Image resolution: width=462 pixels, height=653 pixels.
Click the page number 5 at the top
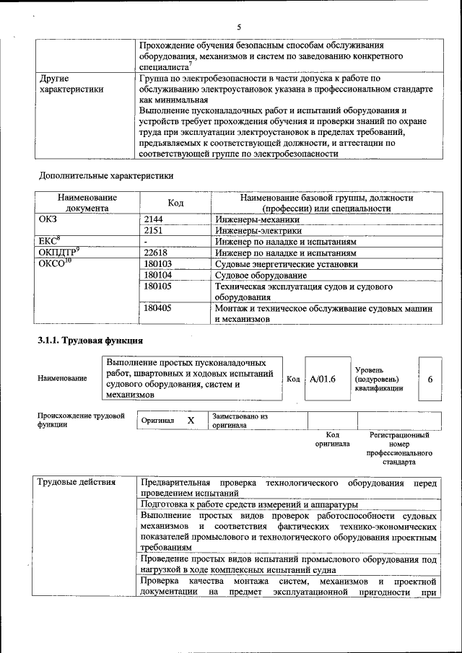click(239, 27)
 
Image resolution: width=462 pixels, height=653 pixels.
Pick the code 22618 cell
click(157, 253)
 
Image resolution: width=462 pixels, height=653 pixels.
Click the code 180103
click(158, 264)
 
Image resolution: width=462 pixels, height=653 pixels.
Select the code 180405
click(158, 308)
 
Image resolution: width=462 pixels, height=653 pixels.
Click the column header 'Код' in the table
click(175, 203)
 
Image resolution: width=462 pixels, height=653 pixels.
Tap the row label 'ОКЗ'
click(48, 219)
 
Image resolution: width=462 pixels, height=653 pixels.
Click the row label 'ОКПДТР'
click(58, 253)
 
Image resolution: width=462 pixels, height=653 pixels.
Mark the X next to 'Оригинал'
click(191, 420)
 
